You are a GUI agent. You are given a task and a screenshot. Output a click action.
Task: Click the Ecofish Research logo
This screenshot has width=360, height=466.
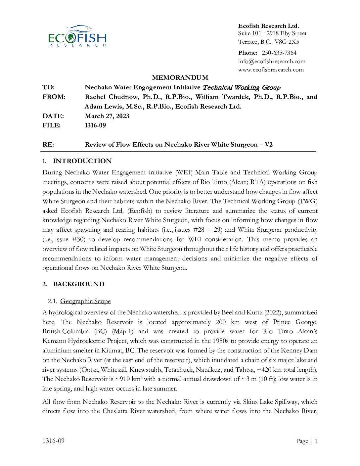coord(77,36)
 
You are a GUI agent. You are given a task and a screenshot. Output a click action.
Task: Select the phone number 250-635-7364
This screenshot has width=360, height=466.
coord(279,53)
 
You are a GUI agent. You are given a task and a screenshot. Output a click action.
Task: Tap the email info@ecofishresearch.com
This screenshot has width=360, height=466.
coord(272,61)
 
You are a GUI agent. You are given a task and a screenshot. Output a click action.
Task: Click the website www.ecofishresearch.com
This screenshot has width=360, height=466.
coord(271,70)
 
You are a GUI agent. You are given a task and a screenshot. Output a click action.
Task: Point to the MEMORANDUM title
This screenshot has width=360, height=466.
coord(180,77)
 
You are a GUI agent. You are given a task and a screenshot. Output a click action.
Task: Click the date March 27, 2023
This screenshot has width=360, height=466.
coord(107,116)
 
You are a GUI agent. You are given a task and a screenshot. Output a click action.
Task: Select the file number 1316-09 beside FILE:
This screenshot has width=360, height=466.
coord(95,125)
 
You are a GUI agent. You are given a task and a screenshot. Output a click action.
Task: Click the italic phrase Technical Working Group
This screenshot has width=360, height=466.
coord(241,87)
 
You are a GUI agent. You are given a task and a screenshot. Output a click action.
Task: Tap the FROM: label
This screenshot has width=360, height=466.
coord(54,97)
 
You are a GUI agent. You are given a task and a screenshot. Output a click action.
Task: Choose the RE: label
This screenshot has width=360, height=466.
coord(48,144)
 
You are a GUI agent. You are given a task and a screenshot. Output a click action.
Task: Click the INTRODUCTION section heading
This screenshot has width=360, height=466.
coord(82,161)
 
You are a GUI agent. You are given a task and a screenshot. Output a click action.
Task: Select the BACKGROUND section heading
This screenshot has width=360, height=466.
coord(79,284)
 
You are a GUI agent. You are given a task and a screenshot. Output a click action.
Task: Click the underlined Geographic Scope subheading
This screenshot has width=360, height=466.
coord(85,301)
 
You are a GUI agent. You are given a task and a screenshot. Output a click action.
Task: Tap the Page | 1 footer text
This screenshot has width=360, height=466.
coord(307,441)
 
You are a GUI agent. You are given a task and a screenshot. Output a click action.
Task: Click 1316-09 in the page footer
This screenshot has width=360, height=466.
coord(53,441)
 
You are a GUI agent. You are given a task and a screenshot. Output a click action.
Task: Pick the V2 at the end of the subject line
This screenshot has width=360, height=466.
coord(268,144)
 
